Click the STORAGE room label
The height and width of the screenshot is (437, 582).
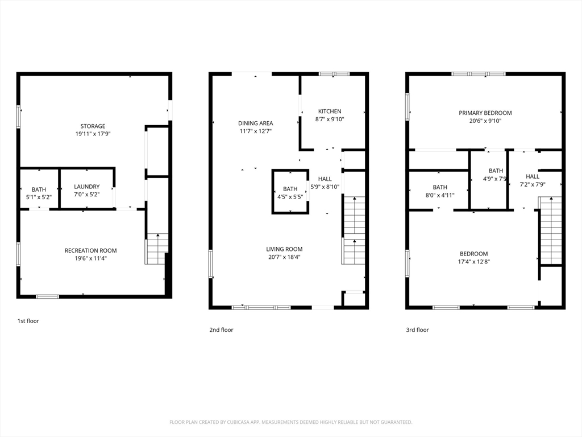pos(93,126)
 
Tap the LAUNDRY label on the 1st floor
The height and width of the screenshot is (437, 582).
pos(87,187)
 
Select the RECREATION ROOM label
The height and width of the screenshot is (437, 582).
pos(90,250)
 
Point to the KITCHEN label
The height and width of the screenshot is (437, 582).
pos(330,111)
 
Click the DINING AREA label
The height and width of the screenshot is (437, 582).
pos(255,123)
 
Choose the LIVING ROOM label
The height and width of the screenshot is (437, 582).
pos(284,249)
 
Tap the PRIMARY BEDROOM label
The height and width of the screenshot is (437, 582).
pos(485,113)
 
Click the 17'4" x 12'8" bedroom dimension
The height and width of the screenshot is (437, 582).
pos(473,262)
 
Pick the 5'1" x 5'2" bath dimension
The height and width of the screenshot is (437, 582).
pos(39,197)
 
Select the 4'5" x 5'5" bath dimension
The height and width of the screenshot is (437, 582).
pos(290,196)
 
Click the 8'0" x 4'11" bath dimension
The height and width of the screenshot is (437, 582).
pos(440,195)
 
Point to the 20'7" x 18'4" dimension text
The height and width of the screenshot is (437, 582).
pos(284,257)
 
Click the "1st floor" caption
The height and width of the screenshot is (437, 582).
pos(28,321)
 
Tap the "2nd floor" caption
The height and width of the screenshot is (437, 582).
pos(221,329)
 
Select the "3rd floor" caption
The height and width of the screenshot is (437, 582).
pos(417,329)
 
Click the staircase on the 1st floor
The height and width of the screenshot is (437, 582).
pos(156,249)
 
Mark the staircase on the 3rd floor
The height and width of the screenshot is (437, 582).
pos(550,230)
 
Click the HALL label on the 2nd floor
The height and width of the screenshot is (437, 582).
pos(325,179)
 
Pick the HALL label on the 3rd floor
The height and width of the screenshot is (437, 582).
pos(533,176)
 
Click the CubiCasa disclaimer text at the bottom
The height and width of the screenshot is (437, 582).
pos(290,422)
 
